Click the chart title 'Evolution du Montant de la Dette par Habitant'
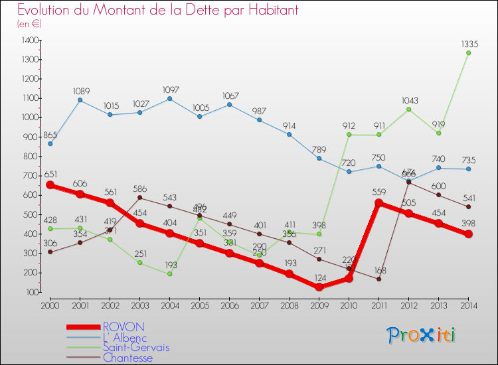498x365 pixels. (157, 11)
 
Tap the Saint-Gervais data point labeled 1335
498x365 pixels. (468, 53)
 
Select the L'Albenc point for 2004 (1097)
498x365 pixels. (171, 99)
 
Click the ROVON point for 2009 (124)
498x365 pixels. (319, 287)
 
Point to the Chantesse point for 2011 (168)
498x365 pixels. (378, 279)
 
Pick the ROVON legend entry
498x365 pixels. (123, 327)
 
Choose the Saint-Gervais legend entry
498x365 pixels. (135, 347)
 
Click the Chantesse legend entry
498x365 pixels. (127, 358)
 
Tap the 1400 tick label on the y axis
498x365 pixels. (30, 40)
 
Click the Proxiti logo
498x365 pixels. (422, 335)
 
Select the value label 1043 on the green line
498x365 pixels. (408, 100)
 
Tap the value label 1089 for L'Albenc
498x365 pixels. (81, 91)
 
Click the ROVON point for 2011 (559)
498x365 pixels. (378, 203)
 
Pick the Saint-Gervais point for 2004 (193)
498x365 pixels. (171, 273)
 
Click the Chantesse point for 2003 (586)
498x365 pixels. (140, 197)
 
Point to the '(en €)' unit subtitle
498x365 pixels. (30, 24)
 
